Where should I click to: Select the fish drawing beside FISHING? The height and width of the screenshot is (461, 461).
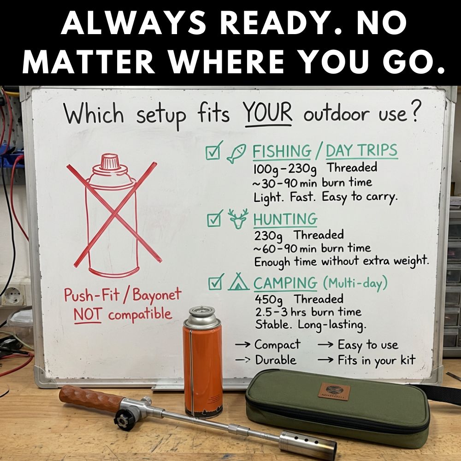pyautogui.click(x=236, y=153)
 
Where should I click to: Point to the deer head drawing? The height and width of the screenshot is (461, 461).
pyautogui.click(x=238, y=219)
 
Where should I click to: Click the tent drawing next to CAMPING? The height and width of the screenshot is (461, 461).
pyautogui.click(x=238, y=282)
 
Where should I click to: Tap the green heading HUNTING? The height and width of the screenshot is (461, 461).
pyautogui.click(x=285, y=219)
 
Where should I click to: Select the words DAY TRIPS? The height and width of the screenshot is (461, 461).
pyautogui.click(x=361, y=151)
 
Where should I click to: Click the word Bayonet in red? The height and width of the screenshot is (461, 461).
pyautogui.click(x=157, y=295)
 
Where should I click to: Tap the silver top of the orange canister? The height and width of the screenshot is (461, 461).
pyautogui.click(x=202, y=318)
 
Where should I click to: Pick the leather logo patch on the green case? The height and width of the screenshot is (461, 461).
pyautogui.click(x=334, y=391)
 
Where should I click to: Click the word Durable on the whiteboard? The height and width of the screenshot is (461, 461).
pyautogui.click(x=276, y=360)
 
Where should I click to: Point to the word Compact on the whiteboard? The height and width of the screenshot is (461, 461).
pyautogui.click(x=278, y=345)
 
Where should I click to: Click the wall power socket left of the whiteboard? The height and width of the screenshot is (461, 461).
pyautogui.click(x=13, y=296)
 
